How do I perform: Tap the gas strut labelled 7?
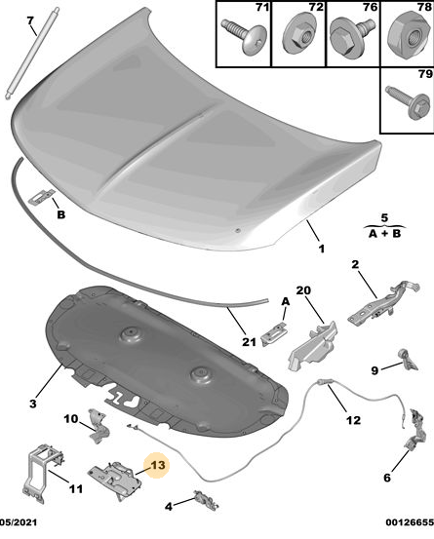[x=30, y=54]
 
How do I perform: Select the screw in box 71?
[x=244, y=36]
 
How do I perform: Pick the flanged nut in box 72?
[x=297, y=34]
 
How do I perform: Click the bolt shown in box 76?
[x=351, y=36]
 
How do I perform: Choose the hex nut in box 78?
[x=409, y=35]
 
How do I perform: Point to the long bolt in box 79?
[x=409, y=102]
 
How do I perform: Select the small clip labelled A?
[x=274, y=334]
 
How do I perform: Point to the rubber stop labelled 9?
[x=408, y=360]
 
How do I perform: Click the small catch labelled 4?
[x=207, y=500]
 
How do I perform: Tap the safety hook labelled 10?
[x=98, y=426]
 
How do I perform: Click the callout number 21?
[x=250, y=342]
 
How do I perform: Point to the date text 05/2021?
[x=19, y=522]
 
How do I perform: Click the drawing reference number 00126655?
[x=410, y=522]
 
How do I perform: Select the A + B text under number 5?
[x=385, y=234]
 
